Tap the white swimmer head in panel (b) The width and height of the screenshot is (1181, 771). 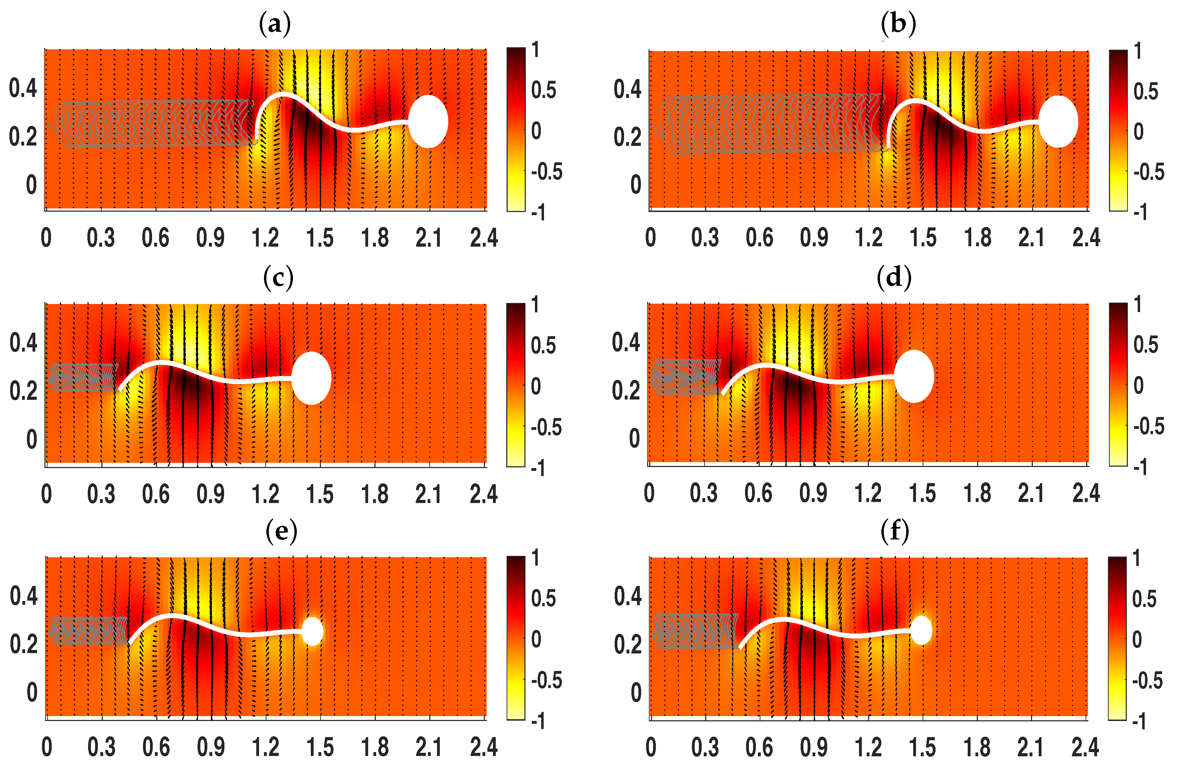click(x=1058, y=122)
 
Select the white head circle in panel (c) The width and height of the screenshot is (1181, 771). click(x=311, y=378)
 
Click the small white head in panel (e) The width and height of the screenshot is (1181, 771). click(x=313, y=631)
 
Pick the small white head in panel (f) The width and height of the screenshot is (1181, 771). click(x=922, y=630)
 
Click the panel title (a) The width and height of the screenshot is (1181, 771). click(x=275, y=24)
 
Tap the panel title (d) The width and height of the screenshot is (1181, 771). click(x=894, y=278)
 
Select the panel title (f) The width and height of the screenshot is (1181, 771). click(x=895, y=531)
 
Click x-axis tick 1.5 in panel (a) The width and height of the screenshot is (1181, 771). click(x=320, y=238)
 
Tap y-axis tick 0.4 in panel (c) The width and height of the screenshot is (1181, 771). click(x=23, y=343)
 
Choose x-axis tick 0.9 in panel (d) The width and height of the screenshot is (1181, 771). click(x=813, y=493)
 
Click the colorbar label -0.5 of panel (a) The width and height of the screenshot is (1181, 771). click(x=547, y=172)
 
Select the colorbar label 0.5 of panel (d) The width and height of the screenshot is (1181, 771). click(x=1146, y=345)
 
